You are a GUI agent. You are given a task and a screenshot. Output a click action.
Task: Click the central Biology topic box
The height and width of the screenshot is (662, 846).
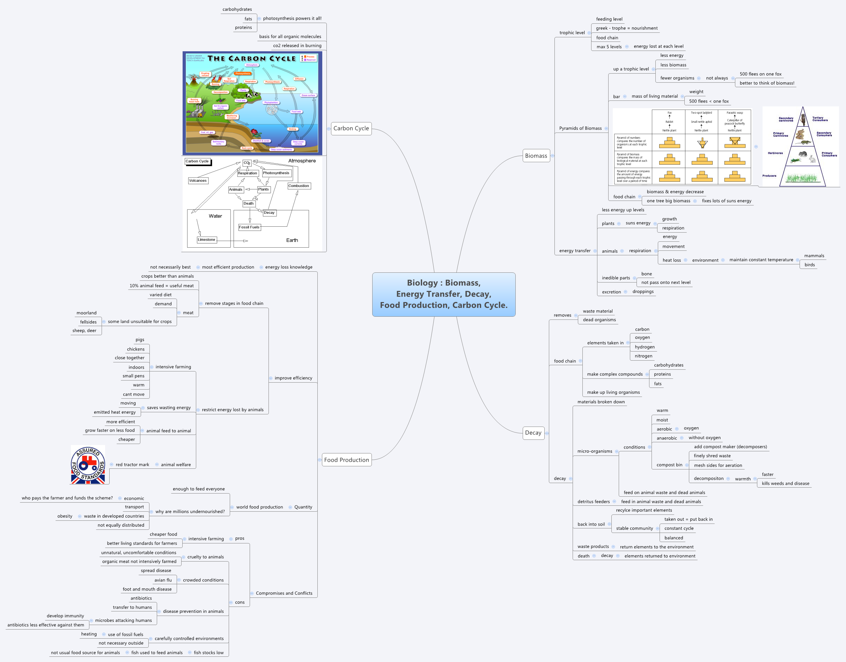(443, 294)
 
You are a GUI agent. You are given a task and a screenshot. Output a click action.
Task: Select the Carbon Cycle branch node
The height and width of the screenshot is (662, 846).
(351, 128)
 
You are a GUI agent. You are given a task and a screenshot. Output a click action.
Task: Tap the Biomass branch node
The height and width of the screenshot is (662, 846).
(536, 156)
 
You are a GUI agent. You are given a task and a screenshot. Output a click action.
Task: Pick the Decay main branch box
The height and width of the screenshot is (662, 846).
(533, 432)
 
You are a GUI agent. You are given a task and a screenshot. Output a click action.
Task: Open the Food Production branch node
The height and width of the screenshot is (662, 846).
(346, 460)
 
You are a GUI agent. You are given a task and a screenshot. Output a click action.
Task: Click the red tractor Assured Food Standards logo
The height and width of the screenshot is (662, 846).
(88, 465)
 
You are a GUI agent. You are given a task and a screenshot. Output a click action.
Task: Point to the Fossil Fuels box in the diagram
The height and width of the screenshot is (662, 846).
(249, 227)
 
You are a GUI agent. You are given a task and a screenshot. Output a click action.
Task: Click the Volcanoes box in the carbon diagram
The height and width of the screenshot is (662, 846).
(198, 181)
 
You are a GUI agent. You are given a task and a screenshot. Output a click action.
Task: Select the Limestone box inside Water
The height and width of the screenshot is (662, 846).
(206, 240)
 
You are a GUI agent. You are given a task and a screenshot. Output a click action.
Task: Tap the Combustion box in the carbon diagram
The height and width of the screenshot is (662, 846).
(299, 186)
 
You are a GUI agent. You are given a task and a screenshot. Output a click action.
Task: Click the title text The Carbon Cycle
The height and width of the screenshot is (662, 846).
(251, 59)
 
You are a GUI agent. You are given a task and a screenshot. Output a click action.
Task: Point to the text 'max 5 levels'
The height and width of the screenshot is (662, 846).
(609, 47)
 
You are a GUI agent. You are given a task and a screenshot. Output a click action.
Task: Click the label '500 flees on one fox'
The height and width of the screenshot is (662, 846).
(760, 74)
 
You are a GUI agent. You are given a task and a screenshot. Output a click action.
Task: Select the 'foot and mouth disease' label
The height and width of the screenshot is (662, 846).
(147, 589)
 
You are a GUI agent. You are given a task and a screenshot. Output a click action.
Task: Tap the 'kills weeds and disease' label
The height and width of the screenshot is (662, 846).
(785, 483)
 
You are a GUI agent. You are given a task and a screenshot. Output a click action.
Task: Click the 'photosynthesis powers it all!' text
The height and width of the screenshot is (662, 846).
(292, 18)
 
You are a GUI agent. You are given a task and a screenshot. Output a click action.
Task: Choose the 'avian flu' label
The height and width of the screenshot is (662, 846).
(163, 580)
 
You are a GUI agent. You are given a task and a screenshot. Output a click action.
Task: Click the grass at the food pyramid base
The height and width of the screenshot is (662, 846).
(801, 178)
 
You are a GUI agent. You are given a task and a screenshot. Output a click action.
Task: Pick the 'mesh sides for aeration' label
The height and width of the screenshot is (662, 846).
(718, 466)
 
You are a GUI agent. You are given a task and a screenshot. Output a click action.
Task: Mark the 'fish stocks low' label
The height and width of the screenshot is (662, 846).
(208, 652)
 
